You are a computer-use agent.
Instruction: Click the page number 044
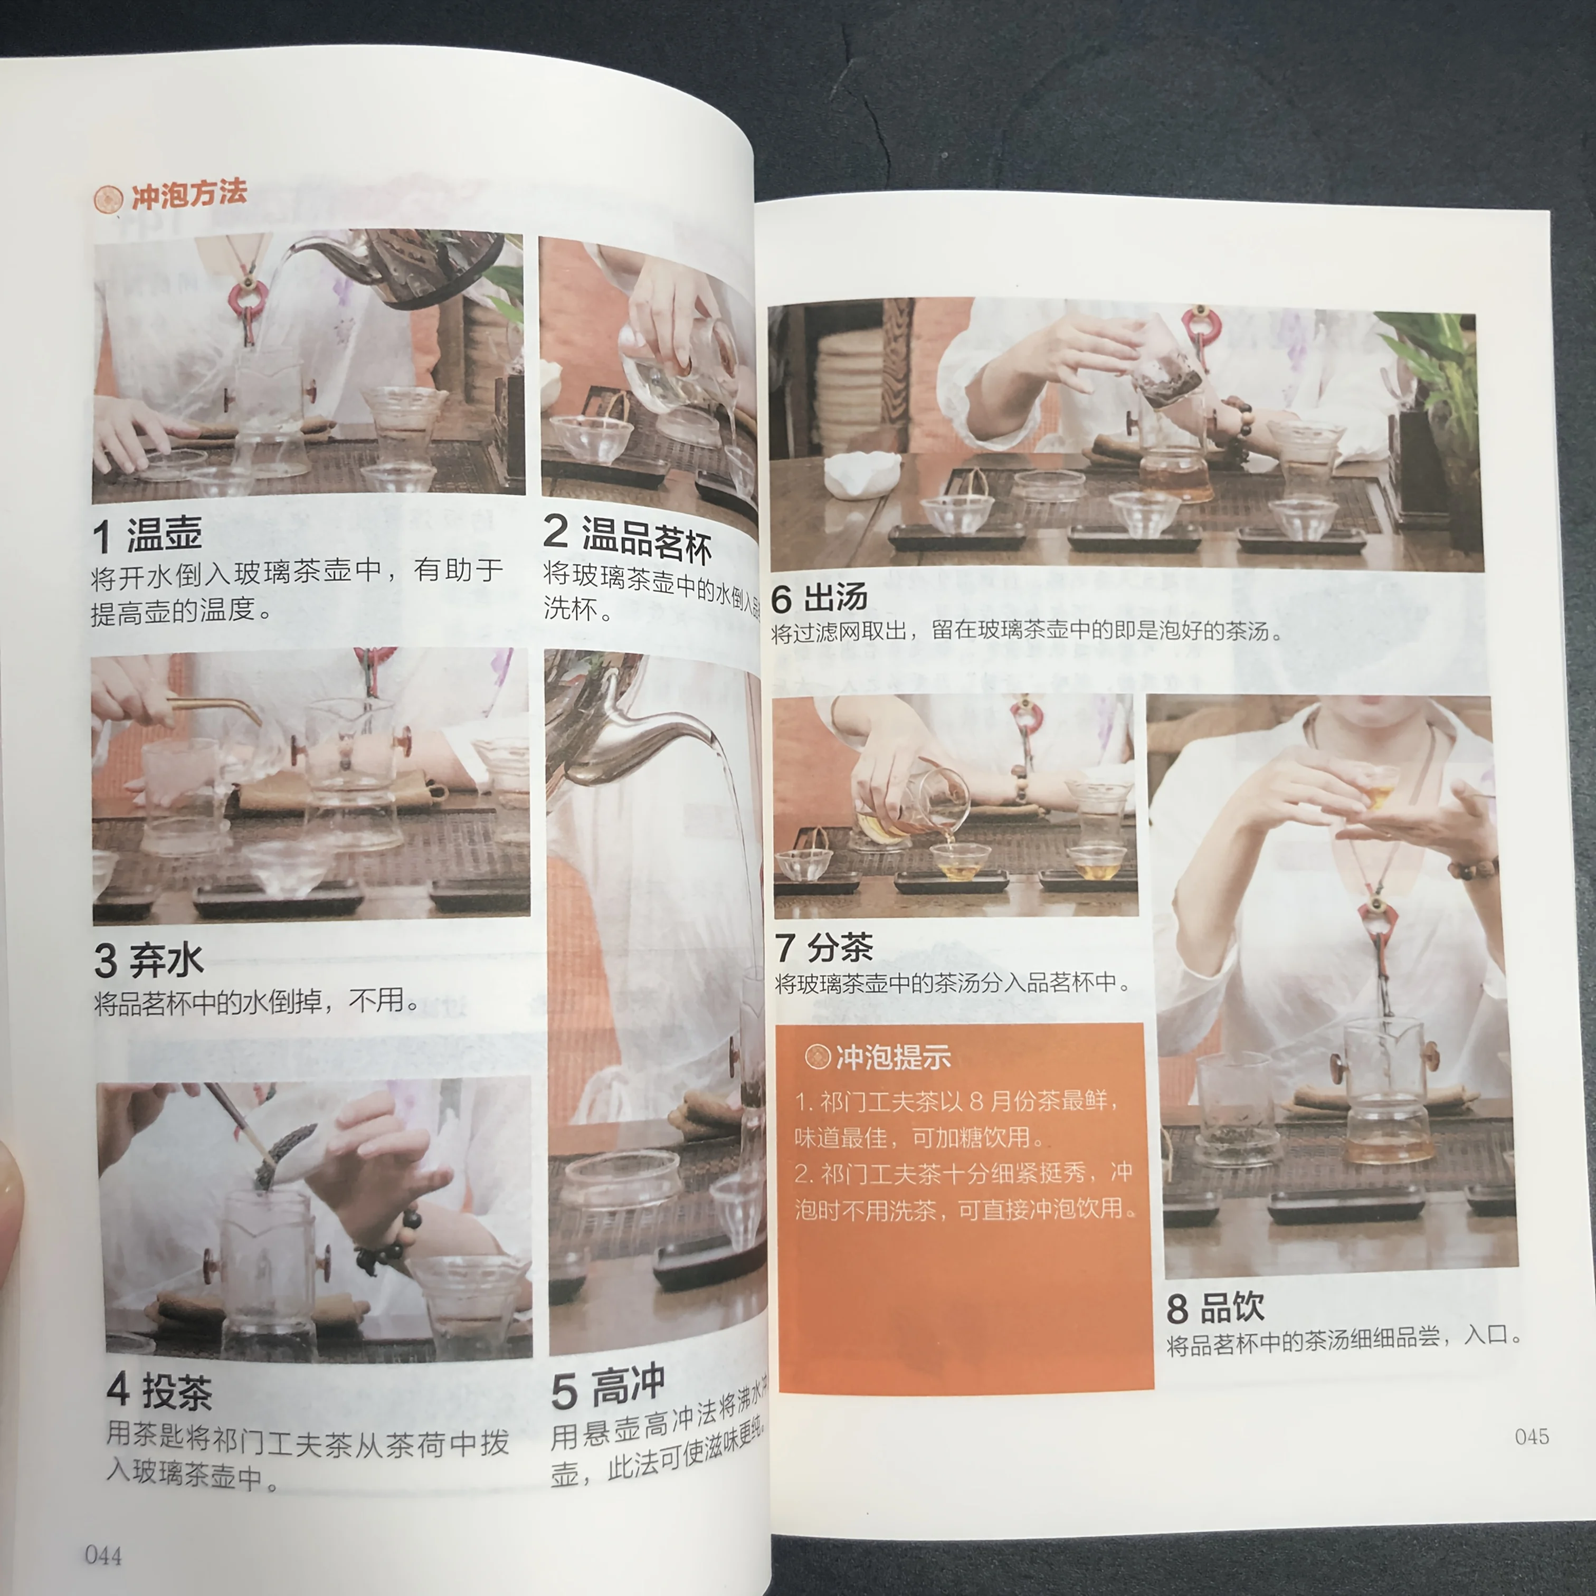coord(103,1555)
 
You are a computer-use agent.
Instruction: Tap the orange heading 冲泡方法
coord(188,194)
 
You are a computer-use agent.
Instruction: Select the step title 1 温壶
coord(147,535)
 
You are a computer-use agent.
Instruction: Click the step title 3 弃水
coord(149,960)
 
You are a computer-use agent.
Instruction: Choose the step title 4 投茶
coord(159,1391)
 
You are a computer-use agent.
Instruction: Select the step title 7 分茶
coord(824,947)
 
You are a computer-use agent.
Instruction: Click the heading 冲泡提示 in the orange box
coord(892,1057)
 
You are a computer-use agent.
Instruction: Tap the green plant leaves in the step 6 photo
coord(1437,355)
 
